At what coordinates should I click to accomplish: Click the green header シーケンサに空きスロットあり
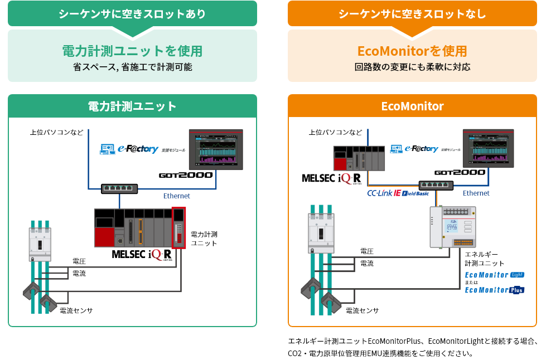pos(132,14)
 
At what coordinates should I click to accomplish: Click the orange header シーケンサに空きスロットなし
pos(412,14)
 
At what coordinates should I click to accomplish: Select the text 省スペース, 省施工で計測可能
pos(132,67)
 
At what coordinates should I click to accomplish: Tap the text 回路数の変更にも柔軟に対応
pos(412,67)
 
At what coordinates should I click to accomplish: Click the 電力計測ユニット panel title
pos(132,106)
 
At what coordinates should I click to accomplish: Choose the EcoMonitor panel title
pos(412,106)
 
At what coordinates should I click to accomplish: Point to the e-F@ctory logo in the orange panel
pos(424,149)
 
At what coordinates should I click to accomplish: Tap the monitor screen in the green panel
pos(216,149)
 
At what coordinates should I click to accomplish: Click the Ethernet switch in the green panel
pos(119,188)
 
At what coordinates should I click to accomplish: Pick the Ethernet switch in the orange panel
pos(436,184)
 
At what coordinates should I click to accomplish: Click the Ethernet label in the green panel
pos(176,196)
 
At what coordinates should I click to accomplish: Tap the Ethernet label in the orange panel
pos(476,193)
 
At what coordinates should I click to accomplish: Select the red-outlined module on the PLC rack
pos(179,227)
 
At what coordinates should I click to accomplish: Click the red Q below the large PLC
pos(157,255)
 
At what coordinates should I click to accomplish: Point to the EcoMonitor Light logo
pos(494,275)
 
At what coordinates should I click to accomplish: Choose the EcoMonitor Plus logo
pos(494,290)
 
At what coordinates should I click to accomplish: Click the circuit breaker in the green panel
pos(40,244)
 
